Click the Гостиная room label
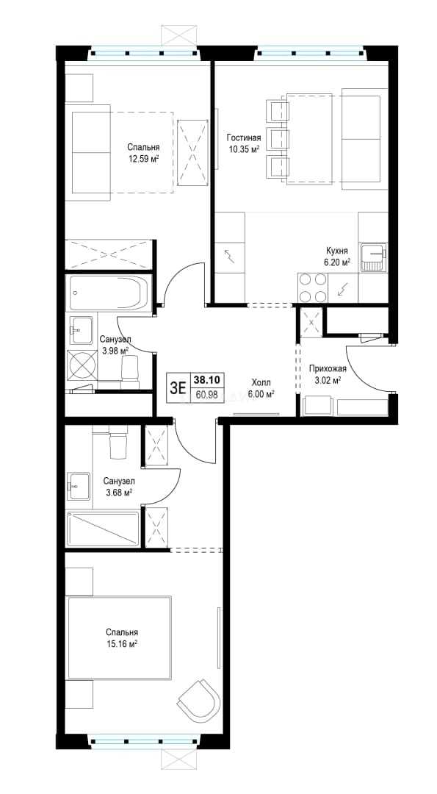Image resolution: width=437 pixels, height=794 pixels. (x=243, y=137)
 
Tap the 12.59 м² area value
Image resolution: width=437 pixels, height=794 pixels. (x=144, y=159)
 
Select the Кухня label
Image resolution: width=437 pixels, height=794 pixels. (x=336, y=251)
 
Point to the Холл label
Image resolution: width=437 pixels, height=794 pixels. (x=261, y=382)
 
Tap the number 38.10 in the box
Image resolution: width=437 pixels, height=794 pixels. (x=206, y=380)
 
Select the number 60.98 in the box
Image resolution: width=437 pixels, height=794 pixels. (x=206, y=394)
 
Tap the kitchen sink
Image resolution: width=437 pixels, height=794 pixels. (x=373, y=258)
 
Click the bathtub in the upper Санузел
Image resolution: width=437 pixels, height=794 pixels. (x=109, y=293)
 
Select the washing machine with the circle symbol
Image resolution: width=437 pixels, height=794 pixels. (x=82, y=364)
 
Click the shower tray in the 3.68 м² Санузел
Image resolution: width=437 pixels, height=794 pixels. (x=103, y=529)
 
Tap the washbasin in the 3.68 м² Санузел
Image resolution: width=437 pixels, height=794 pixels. (x=79, y=486)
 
